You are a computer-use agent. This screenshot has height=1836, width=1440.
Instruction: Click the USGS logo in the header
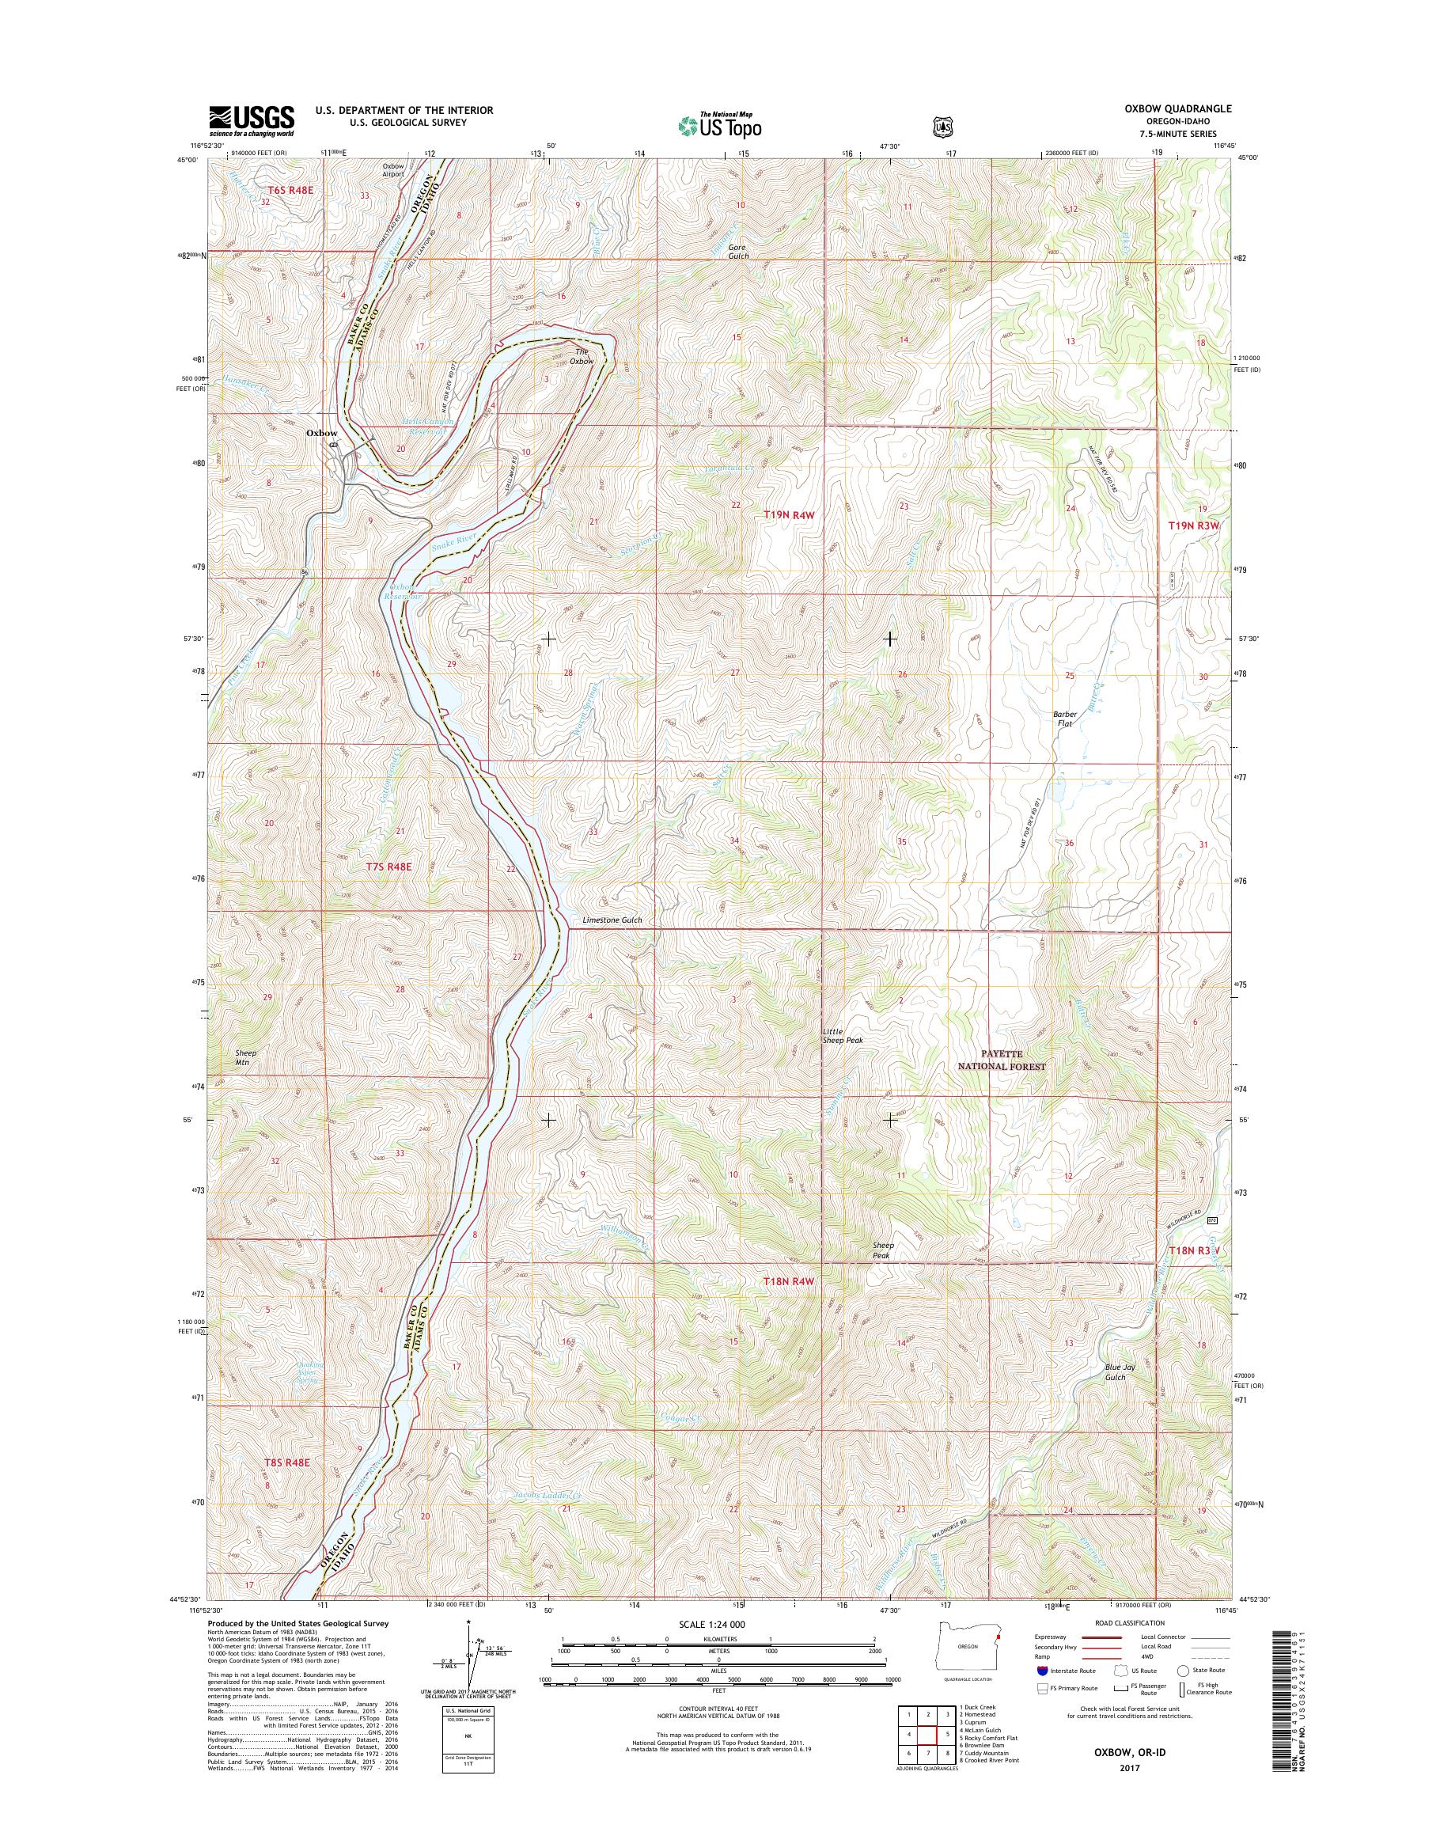[252, 119]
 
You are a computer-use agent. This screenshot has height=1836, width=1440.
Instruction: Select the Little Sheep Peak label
[843, 1036]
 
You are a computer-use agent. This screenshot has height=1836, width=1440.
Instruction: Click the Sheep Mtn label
[245, 1057]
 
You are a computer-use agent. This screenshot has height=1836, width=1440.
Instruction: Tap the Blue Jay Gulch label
[1115, 1372]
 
